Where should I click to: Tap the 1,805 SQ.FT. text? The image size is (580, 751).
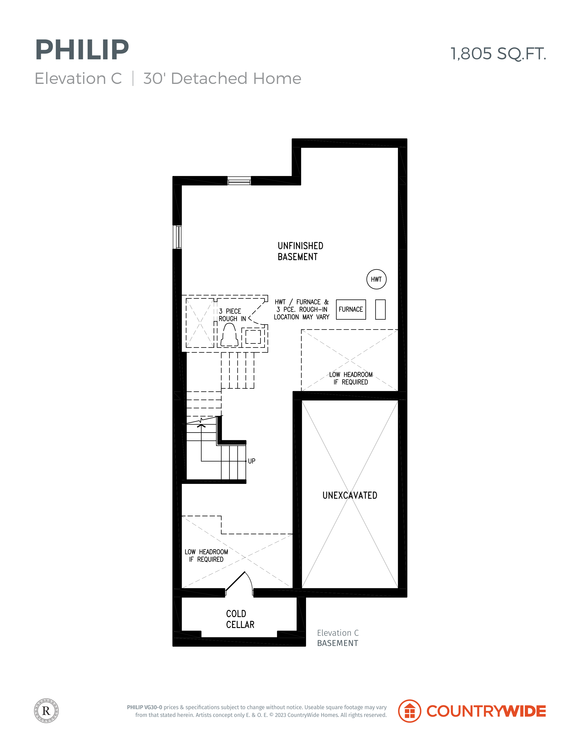[498, 54]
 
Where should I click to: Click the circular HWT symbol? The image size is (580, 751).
[376, 279]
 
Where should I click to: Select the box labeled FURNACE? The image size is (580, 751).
[351, 309]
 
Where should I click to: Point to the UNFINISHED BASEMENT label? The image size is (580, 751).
[300, 251]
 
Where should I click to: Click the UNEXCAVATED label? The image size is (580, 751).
[350, 495]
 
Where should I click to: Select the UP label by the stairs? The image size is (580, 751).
[251, 461]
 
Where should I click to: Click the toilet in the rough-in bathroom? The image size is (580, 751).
[229, 335]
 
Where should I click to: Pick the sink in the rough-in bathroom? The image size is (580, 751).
[253, 337]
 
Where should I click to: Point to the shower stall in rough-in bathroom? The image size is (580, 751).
[200, 323]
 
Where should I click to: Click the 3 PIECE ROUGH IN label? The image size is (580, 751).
[232, 315]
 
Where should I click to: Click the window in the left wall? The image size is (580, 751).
[177, 237]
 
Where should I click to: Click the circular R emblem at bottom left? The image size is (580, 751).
[46, 711]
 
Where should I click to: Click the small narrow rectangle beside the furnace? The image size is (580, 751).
[380, 309]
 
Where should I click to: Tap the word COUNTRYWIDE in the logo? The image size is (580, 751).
[486, 711]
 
